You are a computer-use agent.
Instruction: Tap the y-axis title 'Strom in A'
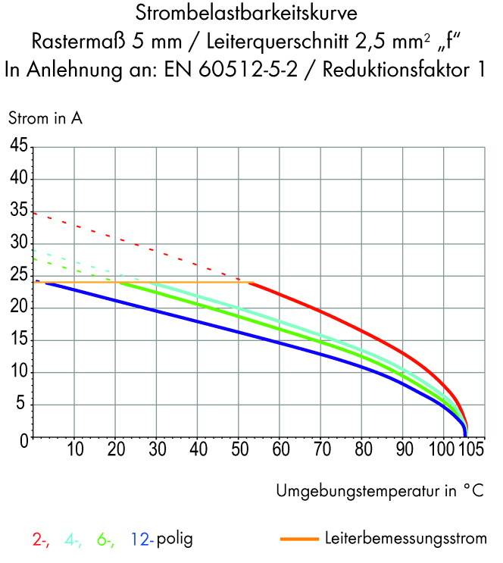(x=45, y=118)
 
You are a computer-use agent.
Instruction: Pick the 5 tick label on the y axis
(x=23, y=406)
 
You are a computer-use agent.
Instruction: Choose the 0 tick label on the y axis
(x=23, y=439)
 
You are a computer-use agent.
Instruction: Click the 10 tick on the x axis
(x=75, y=450)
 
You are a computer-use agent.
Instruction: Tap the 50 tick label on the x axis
(x=239, y=450)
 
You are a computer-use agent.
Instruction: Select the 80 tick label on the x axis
(x=362, y=450)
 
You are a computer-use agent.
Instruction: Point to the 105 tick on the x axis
(x=471, y=450)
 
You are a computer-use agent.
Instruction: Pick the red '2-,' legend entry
(x=42, y=540)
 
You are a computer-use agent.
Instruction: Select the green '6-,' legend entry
(x=105, y=540)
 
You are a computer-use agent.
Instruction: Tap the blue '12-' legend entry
(x=142, y=540)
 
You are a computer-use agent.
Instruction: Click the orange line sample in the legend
(x=298, y=540)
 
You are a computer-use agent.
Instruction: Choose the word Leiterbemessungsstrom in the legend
(x=405, y=540)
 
